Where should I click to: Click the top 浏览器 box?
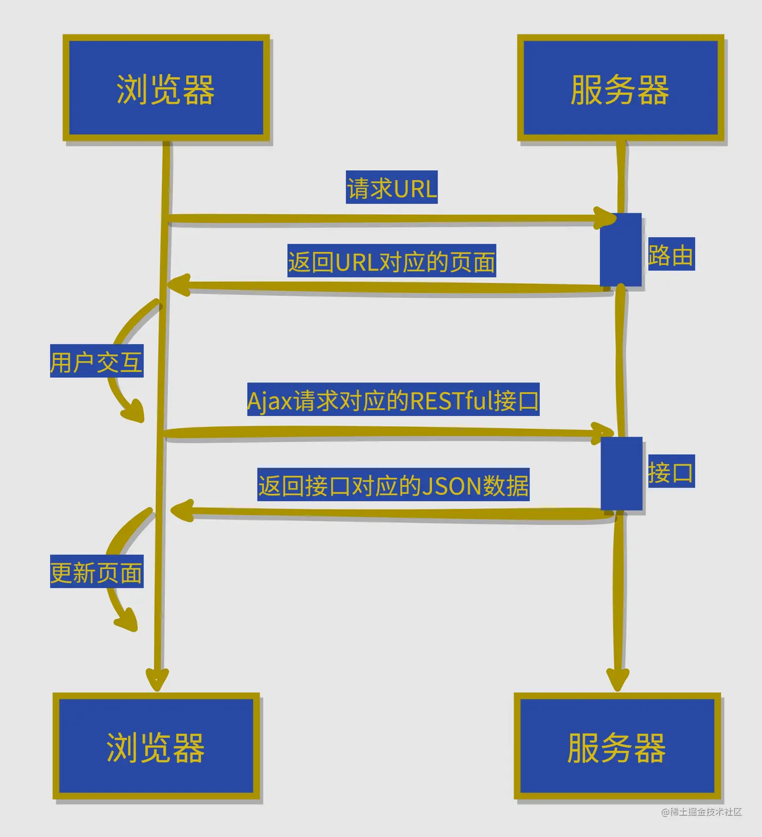(x=166, y=88)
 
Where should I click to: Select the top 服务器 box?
(x=620, y=88)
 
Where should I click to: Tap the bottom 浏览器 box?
(x=156, y=746)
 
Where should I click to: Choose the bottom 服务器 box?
(x=617, y=746)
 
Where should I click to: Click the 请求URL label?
(x=392, y=187)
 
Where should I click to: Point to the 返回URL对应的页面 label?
(x=392, y=261)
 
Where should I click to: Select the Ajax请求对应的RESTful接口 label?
(x=393, y=400)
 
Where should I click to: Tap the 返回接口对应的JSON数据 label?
(x=393, y=484)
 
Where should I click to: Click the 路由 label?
(x=671, y=254)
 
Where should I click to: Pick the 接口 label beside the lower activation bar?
(x=671, y=471)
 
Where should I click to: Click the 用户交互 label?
(x=97, y=361)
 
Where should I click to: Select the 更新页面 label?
(x=97, y=571)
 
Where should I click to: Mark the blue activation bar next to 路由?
(x=620, y=250)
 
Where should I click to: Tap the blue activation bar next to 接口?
(x=621, y=474)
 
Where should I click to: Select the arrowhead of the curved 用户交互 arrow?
(x=135, y=411)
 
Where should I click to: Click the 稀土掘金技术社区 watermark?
(x=702, y=812)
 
